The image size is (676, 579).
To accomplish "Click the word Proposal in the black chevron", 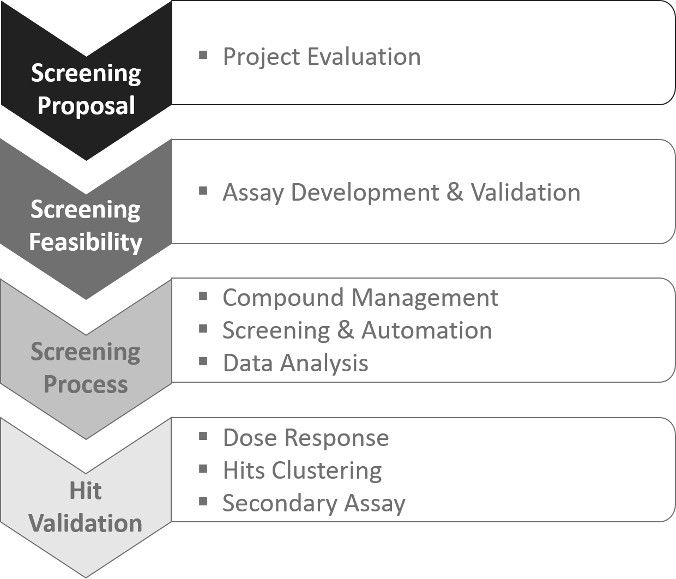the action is pyautogui.click(x=86, y=106).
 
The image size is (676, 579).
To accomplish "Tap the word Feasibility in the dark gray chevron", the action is pyautogui.click(x=86, y=243).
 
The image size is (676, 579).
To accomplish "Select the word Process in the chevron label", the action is pyautogui.click(x=86, y=384).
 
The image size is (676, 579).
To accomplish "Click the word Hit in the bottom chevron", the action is pyautogui.click(x=86, y=491).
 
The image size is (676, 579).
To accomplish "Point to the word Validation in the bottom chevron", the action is pyautogui.click(x=86, y=523).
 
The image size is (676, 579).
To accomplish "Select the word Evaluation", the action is pyautogui.click(x=364, y=57).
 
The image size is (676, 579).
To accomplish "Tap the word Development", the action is pyautogui.click(x=365, y=193).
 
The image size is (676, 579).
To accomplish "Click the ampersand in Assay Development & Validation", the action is pyautogui.click(x=455, y=192).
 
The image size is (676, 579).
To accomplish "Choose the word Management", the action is pyautogui.click(x=425, y=298).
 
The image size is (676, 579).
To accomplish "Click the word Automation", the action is pyautogui.click(x=427, y=330).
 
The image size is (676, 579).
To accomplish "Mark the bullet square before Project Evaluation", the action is pyautogui.click(x=203, y=55).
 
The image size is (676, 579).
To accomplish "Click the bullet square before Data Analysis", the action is pyautogui.click(x=203, y=361).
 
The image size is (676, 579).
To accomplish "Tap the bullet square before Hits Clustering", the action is pyautogui.click(x=203, y=469).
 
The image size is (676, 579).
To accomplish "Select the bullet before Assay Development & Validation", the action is pyautogui.click(x=203, y=191).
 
